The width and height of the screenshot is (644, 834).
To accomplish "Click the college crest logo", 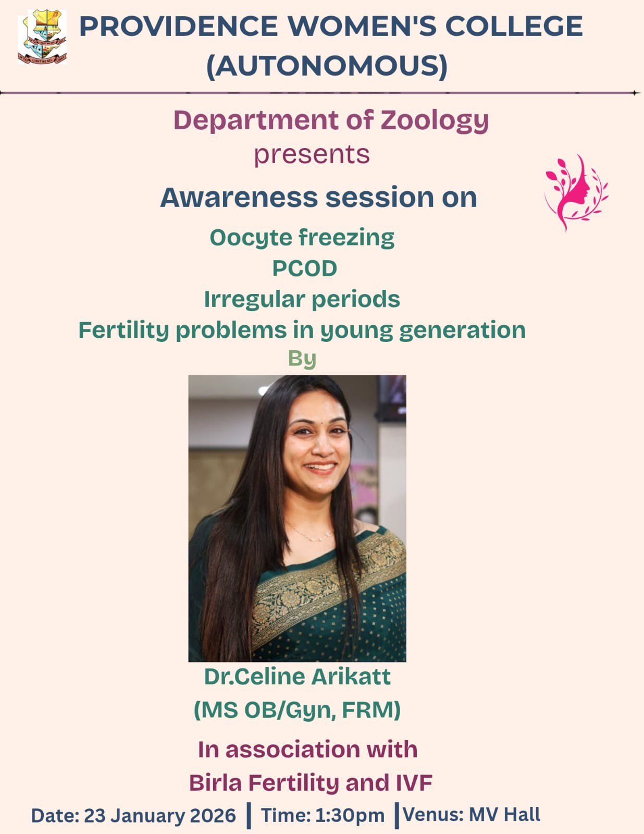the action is [42, 37].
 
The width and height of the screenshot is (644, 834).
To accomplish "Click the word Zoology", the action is [435, 121].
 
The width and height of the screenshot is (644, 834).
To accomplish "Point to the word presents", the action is [312, 155].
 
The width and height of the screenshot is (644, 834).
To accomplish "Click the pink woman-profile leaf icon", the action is [576, 193].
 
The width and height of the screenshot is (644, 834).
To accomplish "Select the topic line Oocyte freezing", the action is [302, 238].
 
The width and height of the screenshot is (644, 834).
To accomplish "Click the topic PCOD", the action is [305, 268].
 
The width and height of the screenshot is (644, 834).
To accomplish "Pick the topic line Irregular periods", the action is [302, 299].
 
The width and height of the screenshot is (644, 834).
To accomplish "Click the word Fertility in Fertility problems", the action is [123, 330].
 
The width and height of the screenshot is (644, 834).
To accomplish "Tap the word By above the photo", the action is [302, 359].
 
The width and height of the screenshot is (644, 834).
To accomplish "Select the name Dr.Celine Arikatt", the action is [298, 677].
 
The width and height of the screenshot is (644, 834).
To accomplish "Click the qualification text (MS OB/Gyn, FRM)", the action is [298, 710].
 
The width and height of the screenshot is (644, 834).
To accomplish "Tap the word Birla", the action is [215, 782].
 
